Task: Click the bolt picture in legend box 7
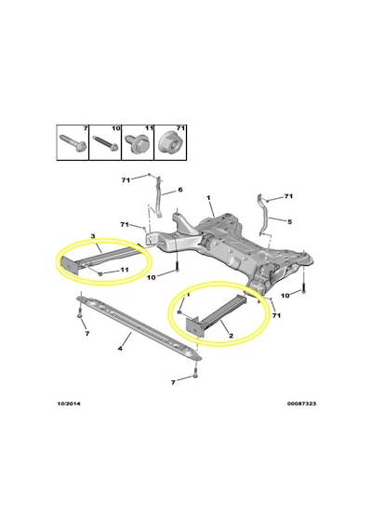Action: tap(73, 143)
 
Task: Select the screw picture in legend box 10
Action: tap(104, 142)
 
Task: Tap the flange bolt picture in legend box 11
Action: tap(137, 142)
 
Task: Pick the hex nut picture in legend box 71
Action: tap(170, 143)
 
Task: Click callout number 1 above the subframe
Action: tap(208, 197)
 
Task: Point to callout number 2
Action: tap(231, 336)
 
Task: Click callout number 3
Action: tap(93, 235)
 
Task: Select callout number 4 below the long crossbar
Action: tap(120, 348)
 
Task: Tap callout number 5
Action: tap(289, 221)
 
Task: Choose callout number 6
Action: tap(179, 190)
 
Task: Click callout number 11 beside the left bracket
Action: tap(124, 270)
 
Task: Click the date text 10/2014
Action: tap(69, 404)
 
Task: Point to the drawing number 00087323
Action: tap(301, 404)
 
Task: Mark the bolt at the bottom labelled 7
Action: tap(194, 376)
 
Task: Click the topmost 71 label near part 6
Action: tap(126, 180)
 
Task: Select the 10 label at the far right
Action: tap(286, 295)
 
